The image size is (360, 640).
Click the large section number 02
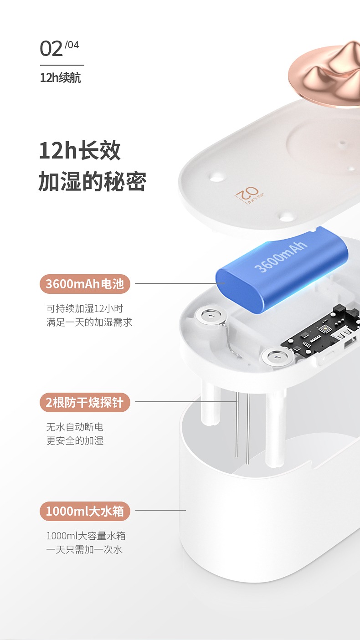click(51, 49)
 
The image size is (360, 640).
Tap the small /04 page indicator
click(72, 45)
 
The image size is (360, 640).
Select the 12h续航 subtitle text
click(60, 78)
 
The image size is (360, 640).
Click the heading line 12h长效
click(80, 151)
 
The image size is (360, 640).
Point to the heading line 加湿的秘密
click(93, 181)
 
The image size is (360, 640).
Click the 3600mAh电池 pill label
click(85, 284)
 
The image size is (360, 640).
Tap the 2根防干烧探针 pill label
click(85, 402)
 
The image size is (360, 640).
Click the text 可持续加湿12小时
click(85, 308)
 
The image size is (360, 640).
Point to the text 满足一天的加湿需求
click(89, 323)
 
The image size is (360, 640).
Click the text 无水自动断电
click(75, 427)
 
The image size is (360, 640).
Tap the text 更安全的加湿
click(75, 440)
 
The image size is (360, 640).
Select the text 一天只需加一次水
click(84, 549)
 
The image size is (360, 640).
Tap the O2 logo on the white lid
click(249, 195)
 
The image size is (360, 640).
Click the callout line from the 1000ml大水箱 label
click(160, 510)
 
